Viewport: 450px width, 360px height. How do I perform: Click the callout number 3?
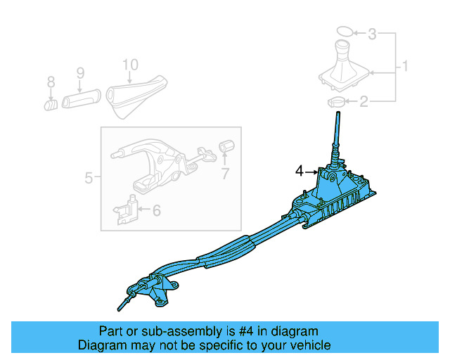click(x=373, y=33)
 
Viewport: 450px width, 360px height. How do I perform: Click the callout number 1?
click(x=406, y=67)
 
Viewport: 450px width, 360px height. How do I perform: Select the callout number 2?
click(x=364, y=103)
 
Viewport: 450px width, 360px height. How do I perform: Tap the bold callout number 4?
click(x=300, y=171)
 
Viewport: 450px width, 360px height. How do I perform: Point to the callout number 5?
click(x=89, y=178)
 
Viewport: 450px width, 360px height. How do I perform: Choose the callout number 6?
click(x=156, y=210)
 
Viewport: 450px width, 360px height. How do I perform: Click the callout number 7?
click(x=225, y=174)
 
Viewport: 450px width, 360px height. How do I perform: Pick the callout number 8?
click(x=51, y=83)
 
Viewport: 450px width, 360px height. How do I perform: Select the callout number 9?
click(x=80, y=72)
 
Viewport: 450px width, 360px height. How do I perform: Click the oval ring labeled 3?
click(x=342, y=32)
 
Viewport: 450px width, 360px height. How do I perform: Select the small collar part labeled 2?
click(x=336, y=103)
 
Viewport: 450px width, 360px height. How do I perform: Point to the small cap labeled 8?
click(x=51, y=105)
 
